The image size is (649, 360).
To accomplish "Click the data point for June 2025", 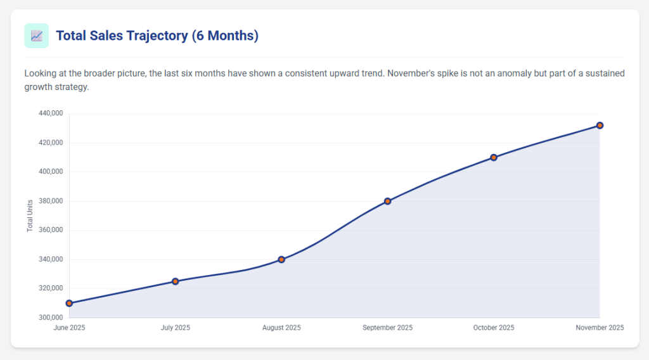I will (69, 304).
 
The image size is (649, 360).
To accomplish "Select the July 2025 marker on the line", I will (176, 281).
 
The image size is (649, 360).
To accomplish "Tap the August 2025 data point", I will (281, 259).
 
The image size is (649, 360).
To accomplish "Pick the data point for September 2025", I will (387, 201).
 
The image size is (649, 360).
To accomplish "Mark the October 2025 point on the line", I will (494, 157).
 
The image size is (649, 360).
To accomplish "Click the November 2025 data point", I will (600, 125).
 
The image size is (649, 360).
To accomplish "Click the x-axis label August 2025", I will (281, 328).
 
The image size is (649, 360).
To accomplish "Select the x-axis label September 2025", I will (387, 328).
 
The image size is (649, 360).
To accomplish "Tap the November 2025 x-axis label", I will (600, 328).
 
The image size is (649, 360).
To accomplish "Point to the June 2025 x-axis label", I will (70, 328).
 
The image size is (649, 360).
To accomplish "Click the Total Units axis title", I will (30, 215).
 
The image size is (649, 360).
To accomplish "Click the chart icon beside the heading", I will (36, 35).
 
